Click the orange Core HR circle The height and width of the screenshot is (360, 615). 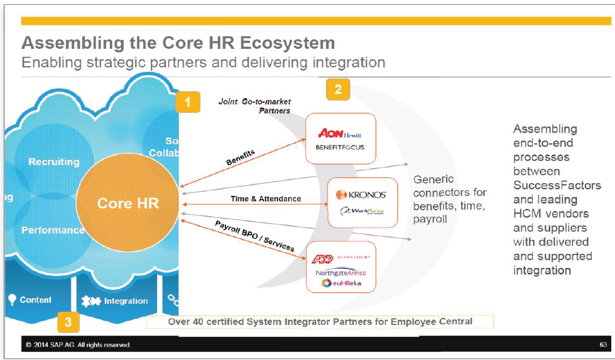coord(128,203)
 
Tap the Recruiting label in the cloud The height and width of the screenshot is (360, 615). coord(54,162)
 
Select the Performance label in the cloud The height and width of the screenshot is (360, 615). coord(53,230)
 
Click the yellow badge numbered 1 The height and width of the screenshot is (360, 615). coord(188,101)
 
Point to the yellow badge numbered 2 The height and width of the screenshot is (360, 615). coord(338,89)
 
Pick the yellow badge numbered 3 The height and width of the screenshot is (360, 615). coord(68,321)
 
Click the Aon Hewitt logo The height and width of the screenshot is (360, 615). coord(340,134)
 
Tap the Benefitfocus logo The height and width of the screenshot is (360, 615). coord(340,147)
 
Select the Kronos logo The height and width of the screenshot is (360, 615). coord(361,195)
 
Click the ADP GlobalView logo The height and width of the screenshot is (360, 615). coord(340,258)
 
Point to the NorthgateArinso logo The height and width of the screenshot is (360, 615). coord(341,272)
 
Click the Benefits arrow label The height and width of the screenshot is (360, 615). coord(240,158)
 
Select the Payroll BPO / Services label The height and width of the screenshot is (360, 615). coord(254,236)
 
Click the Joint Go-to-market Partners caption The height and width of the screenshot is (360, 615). coord(255,106)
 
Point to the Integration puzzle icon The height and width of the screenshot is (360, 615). coord(91,301)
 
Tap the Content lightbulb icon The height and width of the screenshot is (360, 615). coord(13,299)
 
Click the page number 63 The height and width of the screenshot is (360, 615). coord(603,345)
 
